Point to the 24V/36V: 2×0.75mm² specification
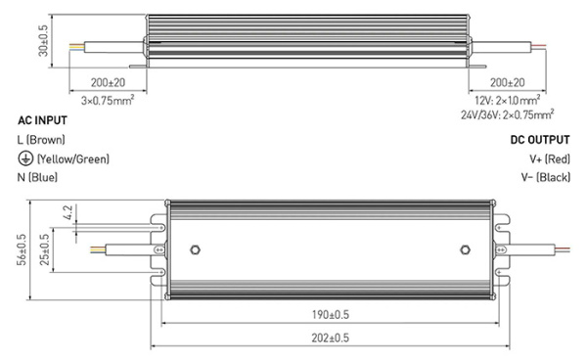click(505, 114)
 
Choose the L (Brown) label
click(41, 140)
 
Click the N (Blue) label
click(38, 177)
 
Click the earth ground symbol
click(23, 158)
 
